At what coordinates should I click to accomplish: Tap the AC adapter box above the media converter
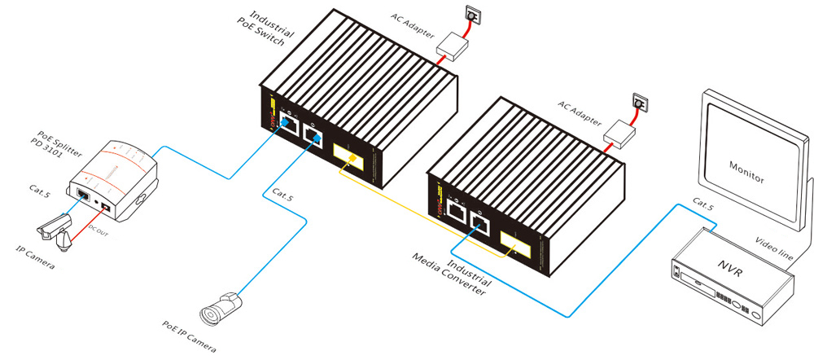[x=622, y=133]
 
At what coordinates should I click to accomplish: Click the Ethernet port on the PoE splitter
[x=83, y=195]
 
